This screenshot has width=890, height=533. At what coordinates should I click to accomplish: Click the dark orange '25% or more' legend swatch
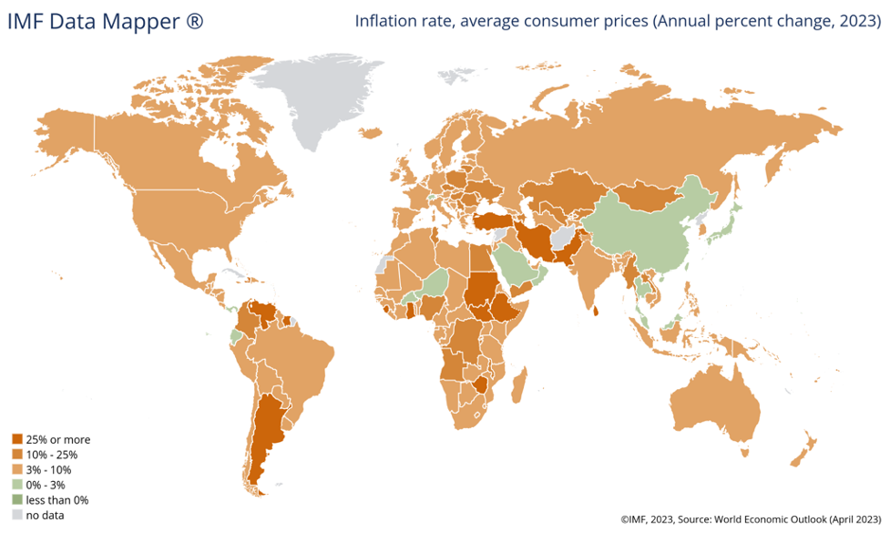pyautogui.click(x=17, y=439)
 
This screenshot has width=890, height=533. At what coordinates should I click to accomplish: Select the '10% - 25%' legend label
pyautogui.click(x=53, y=455)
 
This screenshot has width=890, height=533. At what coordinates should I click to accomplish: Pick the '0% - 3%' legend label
pyautogui.click(x=47, y=486)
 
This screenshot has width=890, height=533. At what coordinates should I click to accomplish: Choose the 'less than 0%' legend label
pyautogui.click(x=56, y=500)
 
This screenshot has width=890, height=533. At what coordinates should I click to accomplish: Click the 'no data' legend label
pyautogui.click(x=45, y=516)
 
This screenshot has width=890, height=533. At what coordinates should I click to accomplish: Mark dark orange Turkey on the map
pyautogui.click(x=487, y=220)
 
